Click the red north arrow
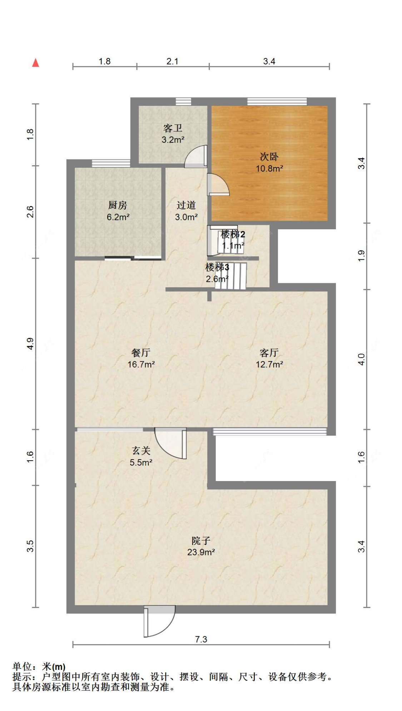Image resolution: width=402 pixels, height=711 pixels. click(x=35, y=63)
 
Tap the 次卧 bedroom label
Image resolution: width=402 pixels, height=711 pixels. click(x=269, y=157)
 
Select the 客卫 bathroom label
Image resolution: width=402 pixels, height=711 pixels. click(x=173, y=128)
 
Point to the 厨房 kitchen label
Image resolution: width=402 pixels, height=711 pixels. click(x=118, y=205)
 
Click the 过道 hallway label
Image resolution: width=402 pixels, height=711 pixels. click(x=186, y=205)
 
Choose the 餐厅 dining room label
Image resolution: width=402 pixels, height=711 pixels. click(x=141, y=353)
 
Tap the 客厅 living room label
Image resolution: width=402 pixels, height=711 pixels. click(x=269, y=353)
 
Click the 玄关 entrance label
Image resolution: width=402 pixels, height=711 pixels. click(x=141, y=451)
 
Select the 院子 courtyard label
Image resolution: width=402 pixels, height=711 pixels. click(x=201, y=540)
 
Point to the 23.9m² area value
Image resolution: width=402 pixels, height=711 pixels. click(x=201, y=552)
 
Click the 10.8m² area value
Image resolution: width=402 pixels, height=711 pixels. click(x=269, y=168)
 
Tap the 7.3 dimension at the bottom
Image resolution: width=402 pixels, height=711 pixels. click(x=201, y=639)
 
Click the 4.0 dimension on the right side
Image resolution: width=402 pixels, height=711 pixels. click(x=361, y=359)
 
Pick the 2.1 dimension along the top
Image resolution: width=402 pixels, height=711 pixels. click(x=173, y=62)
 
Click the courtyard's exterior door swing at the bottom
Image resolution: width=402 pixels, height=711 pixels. click(x=159, y=621)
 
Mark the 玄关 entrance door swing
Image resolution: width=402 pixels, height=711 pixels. click(x=171, y=443)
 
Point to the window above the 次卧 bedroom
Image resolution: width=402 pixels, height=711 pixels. click(x=277, y=102)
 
